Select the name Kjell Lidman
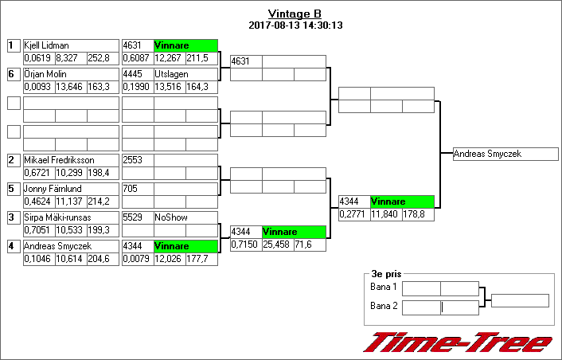(46, 45)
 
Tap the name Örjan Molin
(45, 74)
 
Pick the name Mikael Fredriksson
(59, 160)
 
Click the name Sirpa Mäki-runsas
(57, 217)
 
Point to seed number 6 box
(14, 74)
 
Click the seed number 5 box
(14, 189)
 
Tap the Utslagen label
(170, 74)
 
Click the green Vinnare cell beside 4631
(185, 45)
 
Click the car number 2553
(132, 160)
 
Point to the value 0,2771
(354, 214)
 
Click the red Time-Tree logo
(458, 342)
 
